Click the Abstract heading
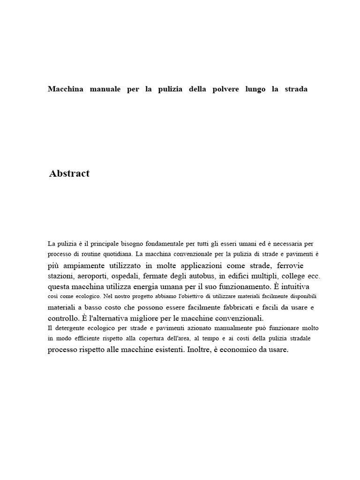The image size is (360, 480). click(69, 174)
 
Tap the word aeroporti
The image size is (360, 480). click(96, 276)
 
